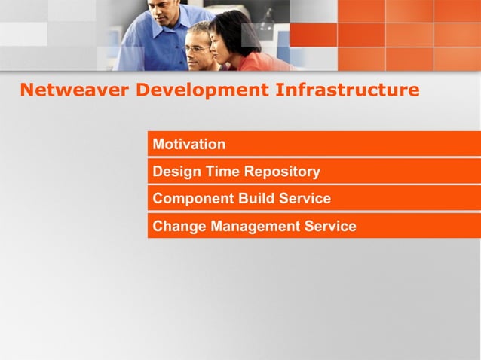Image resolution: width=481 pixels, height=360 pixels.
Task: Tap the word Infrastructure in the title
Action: pyautogui.click(x=347, y=90)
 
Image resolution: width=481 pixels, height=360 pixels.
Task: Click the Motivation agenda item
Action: pyautogui.click(x=188, y=144)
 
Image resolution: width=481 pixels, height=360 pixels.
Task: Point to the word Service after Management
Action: pyautogui.click(x=330, y=227)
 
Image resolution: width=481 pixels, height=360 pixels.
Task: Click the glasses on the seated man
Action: pyautogui.click(x=197, y=48)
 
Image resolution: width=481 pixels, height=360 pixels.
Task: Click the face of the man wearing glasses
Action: pyautogui.click(x=198, y=51)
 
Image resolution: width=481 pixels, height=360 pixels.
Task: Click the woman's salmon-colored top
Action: pyautogui.click(x=260, y=63)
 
